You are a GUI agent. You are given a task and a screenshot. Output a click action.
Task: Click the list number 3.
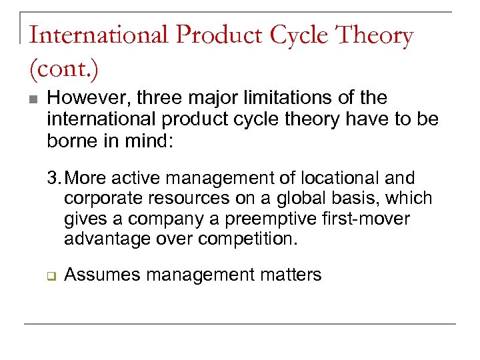coord(53,179)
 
